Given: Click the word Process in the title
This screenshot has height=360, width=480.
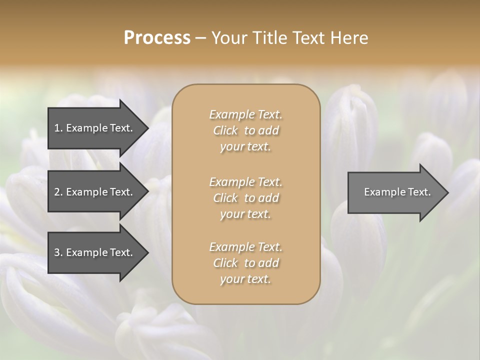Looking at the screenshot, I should (157, 38).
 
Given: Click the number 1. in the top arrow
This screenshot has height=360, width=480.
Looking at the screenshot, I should (58, 128).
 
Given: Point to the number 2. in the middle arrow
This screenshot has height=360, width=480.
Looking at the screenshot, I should (58, 192).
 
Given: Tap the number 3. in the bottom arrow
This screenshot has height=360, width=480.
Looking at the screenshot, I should (58, 252).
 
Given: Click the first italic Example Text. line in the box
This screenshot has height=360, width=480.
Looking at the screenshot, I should (245, 114).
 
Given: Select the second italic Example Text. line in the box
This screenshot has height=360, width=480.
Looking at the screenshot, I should (245, 182).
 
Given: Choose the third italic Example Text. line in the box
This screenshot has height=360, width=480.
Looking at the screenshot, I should (245, 247).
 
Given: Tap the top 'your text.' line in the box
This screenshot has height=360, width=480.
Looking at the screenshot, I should (245, 147).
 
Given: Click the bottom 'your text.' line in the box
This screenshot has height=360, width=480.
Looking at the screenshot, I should (245, 279).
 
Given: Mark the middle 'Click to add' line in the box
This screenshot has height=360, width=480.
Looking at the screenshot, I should (245, 198).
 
